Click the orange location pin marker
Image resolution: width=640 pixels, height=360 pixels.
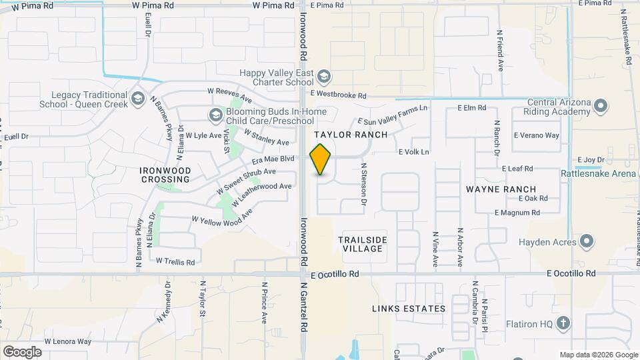pyautogui.click(x=321, y=159)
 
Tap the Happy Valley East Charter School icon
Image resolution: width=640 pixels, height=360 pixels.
pyautogui.click(x=324, y=77)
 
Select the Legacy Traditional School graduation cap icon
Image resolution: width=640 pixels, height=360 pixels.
pyautogui.click(x=138, y=100)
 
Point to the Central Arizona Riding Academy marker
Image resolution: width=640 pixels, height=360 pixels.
pyautogui.click(x=601, y=106)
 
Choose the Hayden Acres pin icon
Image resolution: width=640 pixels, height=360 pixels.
pyautogui.click(x=587, y=241)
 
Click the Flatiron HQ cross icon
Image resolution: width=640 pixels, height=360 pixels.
pyautogui.click(x=563, y=324)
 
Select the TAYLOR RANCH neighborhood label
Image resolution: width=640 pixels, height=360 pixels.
pyautogui.click(x=355, y=135)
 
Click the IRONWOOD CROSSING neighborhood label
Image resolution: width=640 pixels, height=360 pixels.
pyautogui.click(x=165, y=175)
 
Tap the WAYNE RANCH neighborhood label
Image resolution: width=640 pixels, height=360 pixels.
pyautogui.click(x=501, y=189)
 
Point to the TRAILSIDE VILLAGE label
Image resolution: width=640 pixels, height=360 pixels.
pyautogui.click(x=363, y=244)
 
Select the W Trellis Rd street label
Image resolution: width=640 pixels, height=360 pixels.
pyautogui.click(x=175, y=261)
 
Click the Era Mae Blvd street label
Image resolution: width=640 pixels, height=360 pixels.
pyautogui.click(x=272, y=159)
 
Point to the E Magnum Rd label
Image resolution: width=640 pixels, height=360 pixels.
pyautogui.click(x=517, y=213)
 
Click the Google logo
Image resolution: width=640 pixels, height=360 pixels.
pyautogui.click(x=22, y=352)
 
